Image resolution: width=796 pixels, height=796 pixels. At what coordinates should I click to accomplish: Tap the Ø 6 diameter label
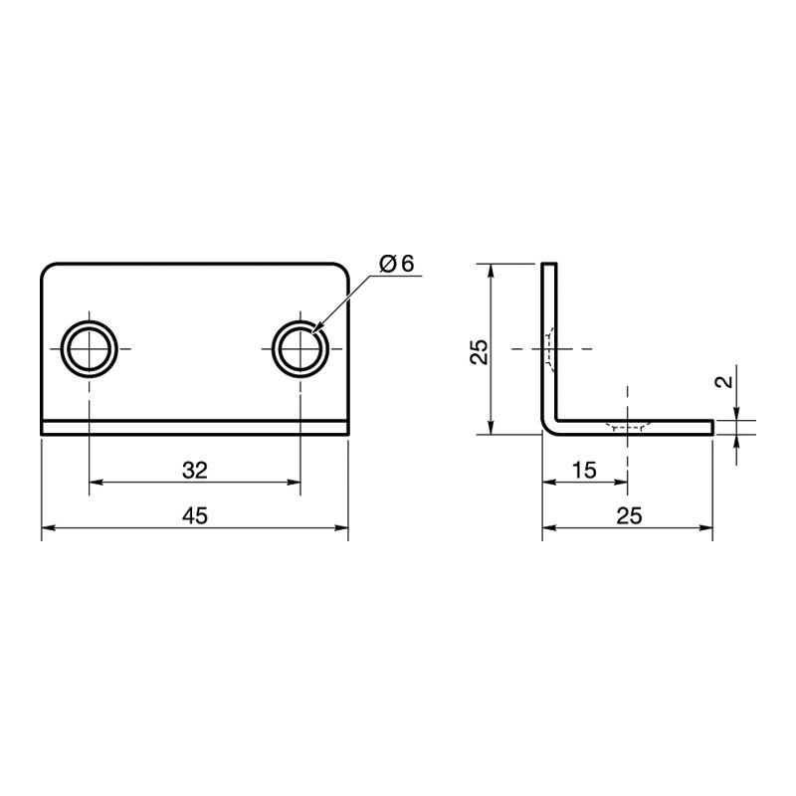click(x=397, y=264)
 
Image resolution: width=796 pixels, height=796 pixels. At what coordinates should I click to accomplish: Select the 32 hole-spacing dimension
click(x=195, y=471)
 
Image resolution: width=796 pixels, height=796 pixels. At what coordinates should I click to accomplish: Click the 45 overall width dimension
click(x=195, y=515)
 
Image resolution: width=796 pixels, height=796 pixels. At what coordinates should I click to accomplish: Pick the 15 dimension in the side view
click(x=584, y=471)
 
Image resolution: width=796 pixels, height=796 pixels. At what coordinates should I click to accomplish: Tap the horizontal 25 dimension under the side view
click(x=629, y=515)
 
